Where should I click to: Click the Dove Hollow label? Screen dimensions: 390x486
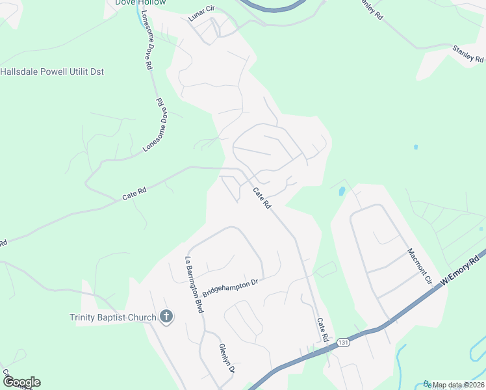[x=140, y=3]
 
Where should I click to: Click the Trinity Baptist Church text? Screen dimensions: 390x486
[x=113, y=317]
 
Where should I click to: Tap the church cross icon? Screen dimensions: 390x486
[x=166, y=317]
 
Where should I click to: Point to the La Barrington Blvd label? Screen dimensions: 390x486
[x=194, y=285]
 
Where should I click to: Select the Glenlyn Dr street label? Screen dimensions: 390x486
[x=226, y=358]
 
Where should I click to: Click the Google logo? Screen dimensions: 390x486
[x=21, y=382]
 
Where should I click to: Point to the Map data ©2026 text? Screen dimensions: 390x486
[x=457, y=385]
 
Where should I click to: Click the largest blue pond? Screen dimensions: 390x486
[x=341, y=191]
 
